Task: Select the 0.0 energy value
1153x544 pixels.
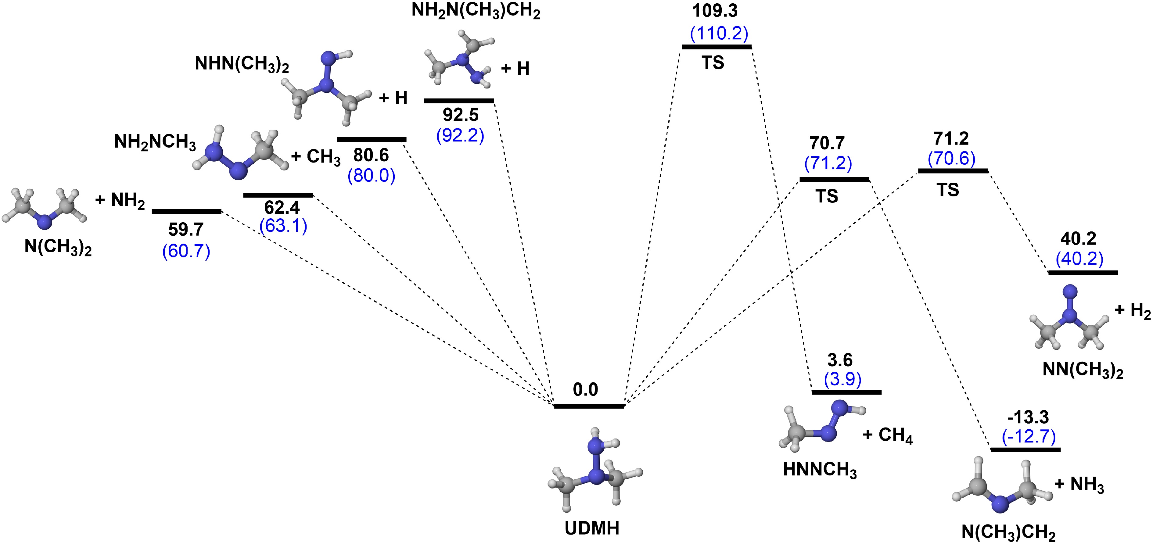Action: tap(585, 390)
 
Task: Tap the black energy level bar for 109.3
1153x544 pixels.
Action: tap(717, 47)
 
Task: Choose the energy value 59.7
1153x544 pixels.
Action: tap(186, 230)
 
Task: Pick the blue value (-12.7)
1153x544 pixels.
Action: tap(1029, 436)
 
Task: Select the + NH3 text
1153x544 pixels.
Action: tap(1079, 485)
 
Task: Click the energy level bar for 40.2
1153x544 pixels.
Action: tap(1083, 272)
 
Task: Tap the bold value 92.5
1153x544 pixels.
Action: tap(461, 115)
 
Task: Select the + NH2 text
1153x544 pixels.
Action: tap(120, 200)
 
